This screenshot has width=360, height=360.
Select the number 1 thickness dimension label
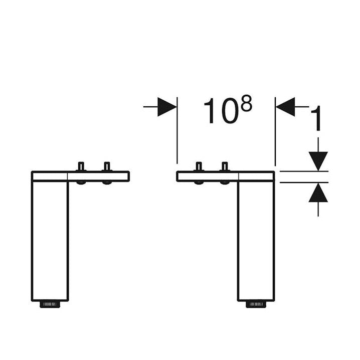pyautogui.click(x=316, y=118)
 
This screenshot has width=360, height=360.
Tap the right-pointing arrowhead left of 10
pyautogui.click(x=167, y=107)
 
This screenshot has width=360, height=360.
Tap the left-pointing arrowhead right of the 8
pyautogui.click(x=285, y=107)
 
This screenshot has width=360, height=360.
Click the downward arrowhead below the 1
pyautogui.click(x=318, y=161)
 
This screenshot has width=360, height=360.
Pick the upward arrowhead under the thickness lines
pyautogui.click(x=318, y=193)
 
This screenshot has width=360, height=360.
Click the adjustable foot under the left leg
pyautogui.click(x=50, y=304)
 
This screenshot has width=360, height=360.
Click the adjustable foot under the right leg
pyautogui.click(x=256, y=304)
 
